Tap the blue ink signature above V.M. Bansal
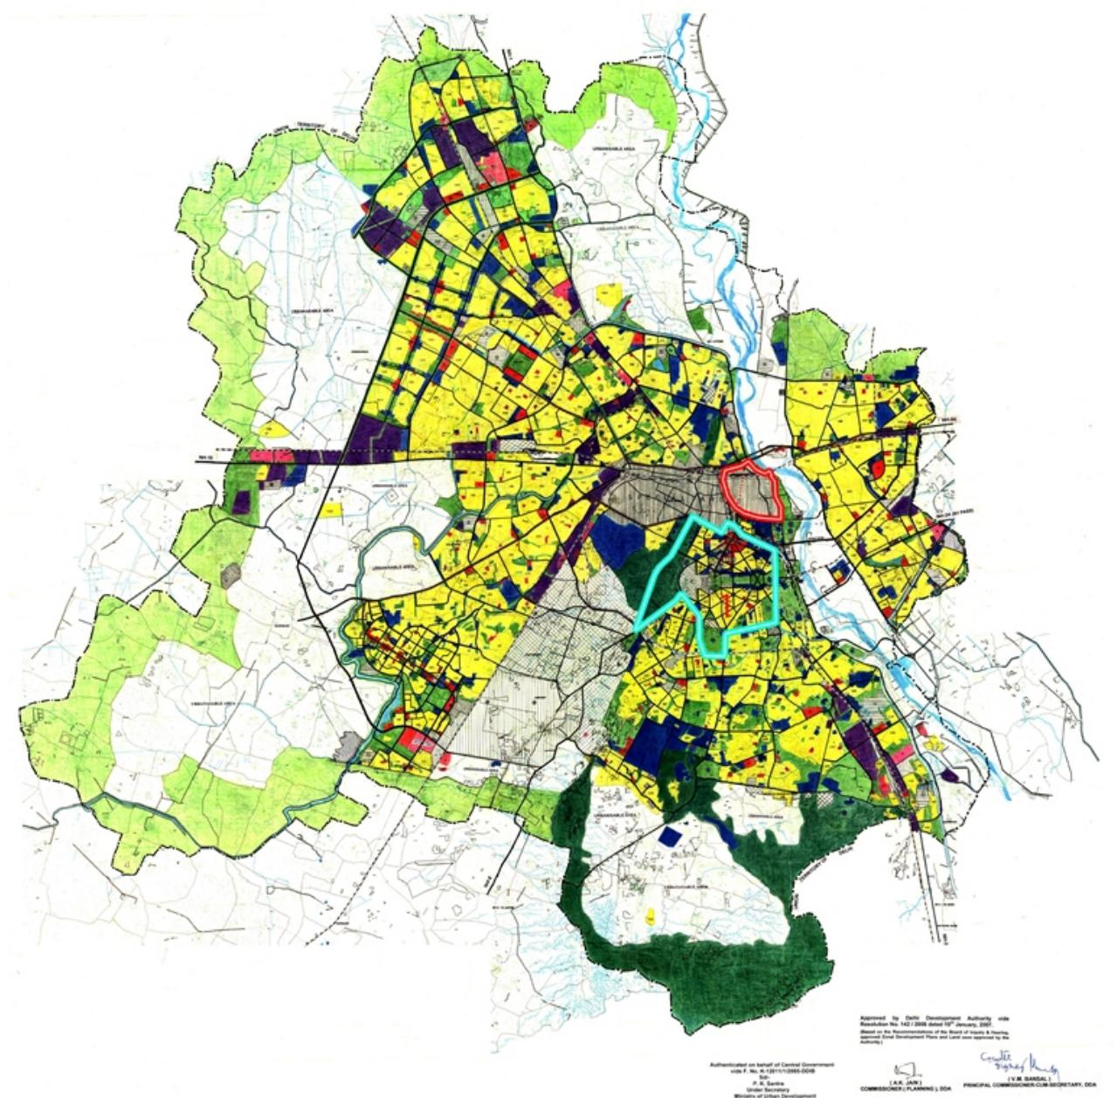coord(1020,1065)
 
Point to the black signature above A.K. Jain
coord(905,1069)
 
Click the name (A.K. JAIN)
coord(906,1081)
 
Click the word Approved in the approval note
coord(872,1019)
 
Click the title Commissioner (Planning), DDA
coord(905,1088)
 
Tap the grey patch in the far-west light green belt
coord(231,574)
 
